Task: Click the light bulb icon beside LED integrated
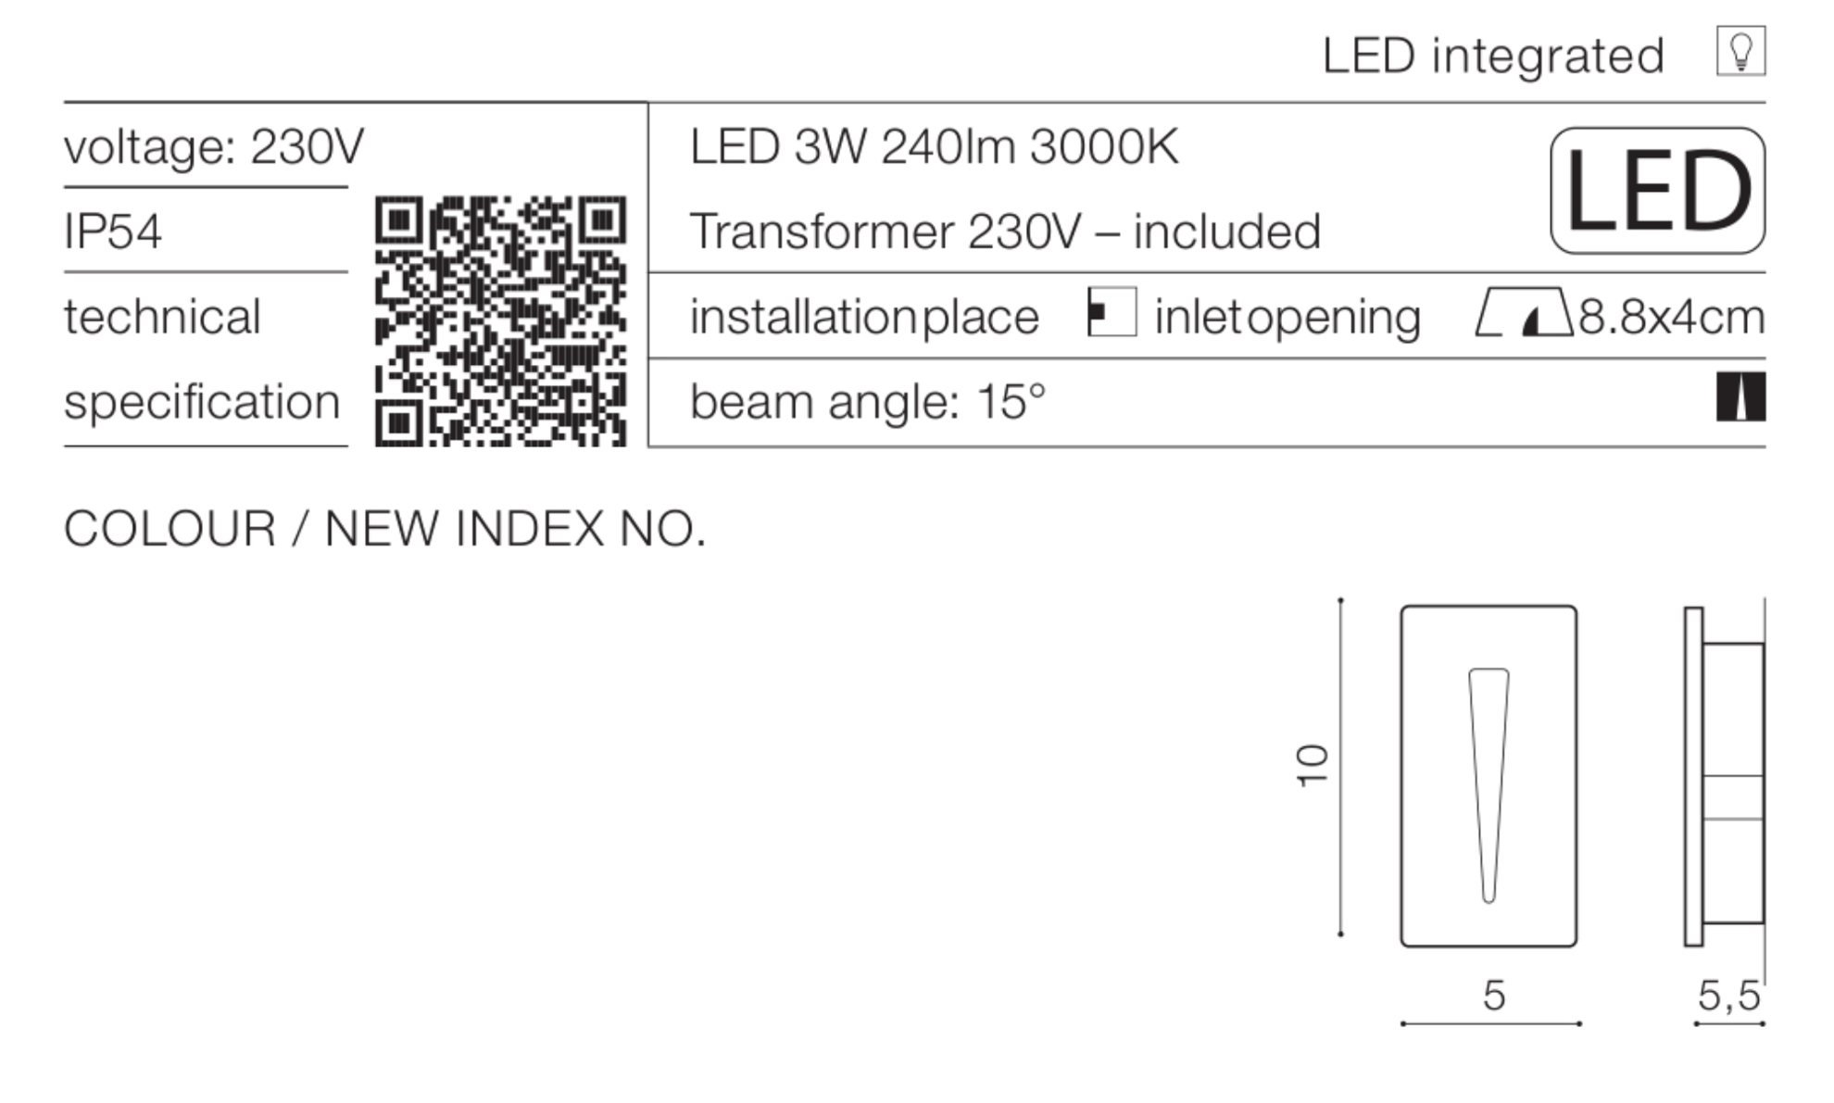1740,51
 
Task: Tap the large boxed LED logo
1657,191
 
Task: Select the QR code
500,320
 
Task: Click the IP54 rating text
112,231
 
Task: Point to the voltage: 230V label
214,146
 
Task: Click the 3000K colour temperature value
1104,146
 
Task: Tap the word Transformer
821,231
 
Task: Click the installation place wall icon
1112,312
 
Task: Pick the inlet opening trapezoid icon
1523,312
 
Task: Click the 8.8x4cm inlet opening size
1671,317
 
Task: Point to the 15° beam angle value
1011,401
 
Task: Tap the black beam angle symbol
1740,396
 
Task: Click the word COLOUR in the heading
170,529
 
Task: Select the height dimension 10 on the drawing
1312,766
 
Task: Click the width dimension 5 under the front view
1493,996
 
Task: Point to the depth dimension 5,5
1728,996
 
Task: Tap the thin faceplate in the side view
1693,776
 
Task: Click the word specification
202,403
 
